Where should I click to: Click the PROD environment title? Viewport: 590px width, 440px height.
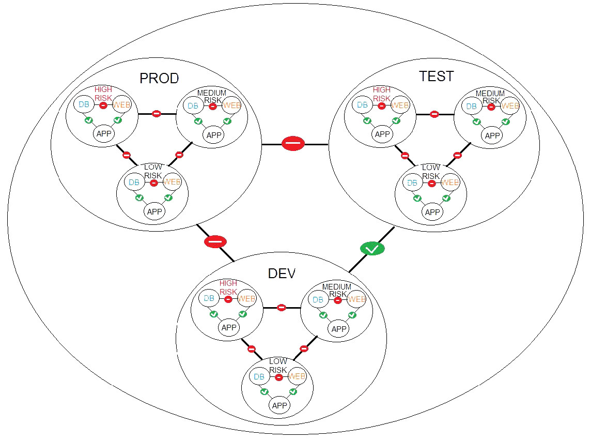coord(159,79)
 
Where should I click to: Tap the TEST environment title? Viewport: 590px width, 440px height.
coord(437,77)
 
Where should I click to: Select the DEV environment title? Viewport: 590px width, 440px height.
coord(282,274)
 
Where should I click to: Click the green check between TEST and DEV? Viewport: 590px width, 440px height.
coord(372,249)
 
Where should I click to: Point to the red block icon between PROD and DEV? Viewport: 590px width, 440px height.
coord(215,241)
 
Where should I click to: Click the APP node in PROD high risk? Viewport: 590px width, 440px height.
coord(104,133)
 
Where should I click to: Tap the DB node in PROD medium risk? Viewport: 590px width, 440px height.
coord(193,106)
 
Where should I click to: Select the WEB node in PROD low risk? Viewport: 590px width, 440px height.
coord(172,183)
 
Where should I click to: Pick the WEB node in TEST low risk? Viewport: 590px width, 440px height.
coord(450,183)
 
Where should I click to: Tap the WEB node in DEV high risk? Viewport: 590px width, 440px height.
coord(247,299)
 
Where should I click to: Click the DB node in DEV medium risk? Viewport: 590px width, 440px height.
coord(318,300)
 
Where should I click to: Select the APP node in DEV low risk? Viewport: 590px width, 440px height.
coord(280,405)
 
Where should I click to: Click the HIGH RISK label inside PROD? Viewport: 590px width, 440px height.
coord(103,94)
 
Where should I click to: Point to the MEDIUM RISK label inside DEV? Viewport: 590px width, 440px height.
coord(337,291)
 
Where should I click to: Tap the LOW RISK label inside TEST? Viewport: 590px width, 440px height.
coord(431,172)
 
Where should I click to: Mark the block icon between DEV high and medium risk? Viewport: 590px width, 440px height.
coord(282,308)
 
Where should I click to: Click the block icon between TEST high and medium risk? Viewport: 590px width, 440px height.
coord(434,114)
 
